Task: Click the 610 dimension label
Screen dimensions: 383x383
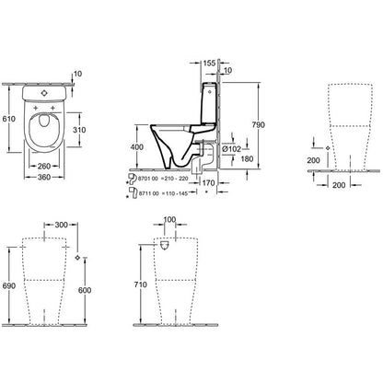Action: pos(8,119)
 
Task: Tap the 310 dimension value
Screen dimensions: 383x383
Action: pos(79,130)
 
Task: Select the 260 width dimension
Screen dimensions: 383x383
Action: pos(44,166)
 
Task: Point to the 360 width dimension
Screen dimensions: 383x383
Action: pos(44,177)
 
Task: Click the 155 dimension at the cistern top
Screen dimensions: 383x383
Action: pos(209,63)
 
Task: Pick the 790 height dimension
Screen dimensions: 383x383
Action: pos(258,124)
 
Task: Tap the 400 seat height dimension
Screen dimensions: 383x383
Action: pos(136,147)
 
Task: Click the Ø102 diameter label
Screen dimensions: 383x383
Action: pos(231,149)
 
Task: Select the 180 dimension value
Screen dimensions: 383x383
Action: pos(247,158)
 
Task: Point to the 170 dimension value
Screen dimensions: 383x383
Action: pos(208,183)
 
